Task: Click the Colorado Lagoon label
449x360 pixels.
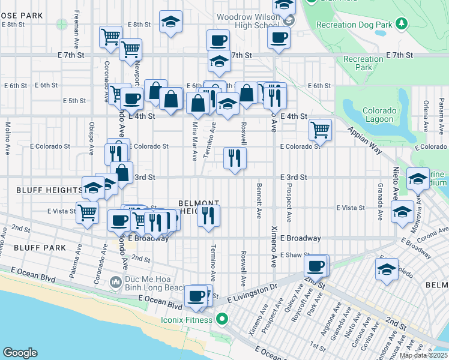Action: [x=379, y=115]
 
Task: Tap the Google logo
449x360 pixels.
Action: [x=20, y=353]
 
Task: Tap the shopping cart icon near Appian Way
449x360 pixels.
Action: [x=321, y=128]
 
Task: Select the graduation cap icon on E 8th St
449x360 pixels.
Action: [x=171, y=22]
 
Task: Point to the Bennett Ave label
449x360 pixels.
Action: [x=259, y=201]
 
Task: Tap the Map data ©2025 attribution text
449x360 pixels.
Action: [x=423, y=355]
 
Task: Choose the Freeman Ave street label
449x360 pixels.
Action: [x=77, y=29]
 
